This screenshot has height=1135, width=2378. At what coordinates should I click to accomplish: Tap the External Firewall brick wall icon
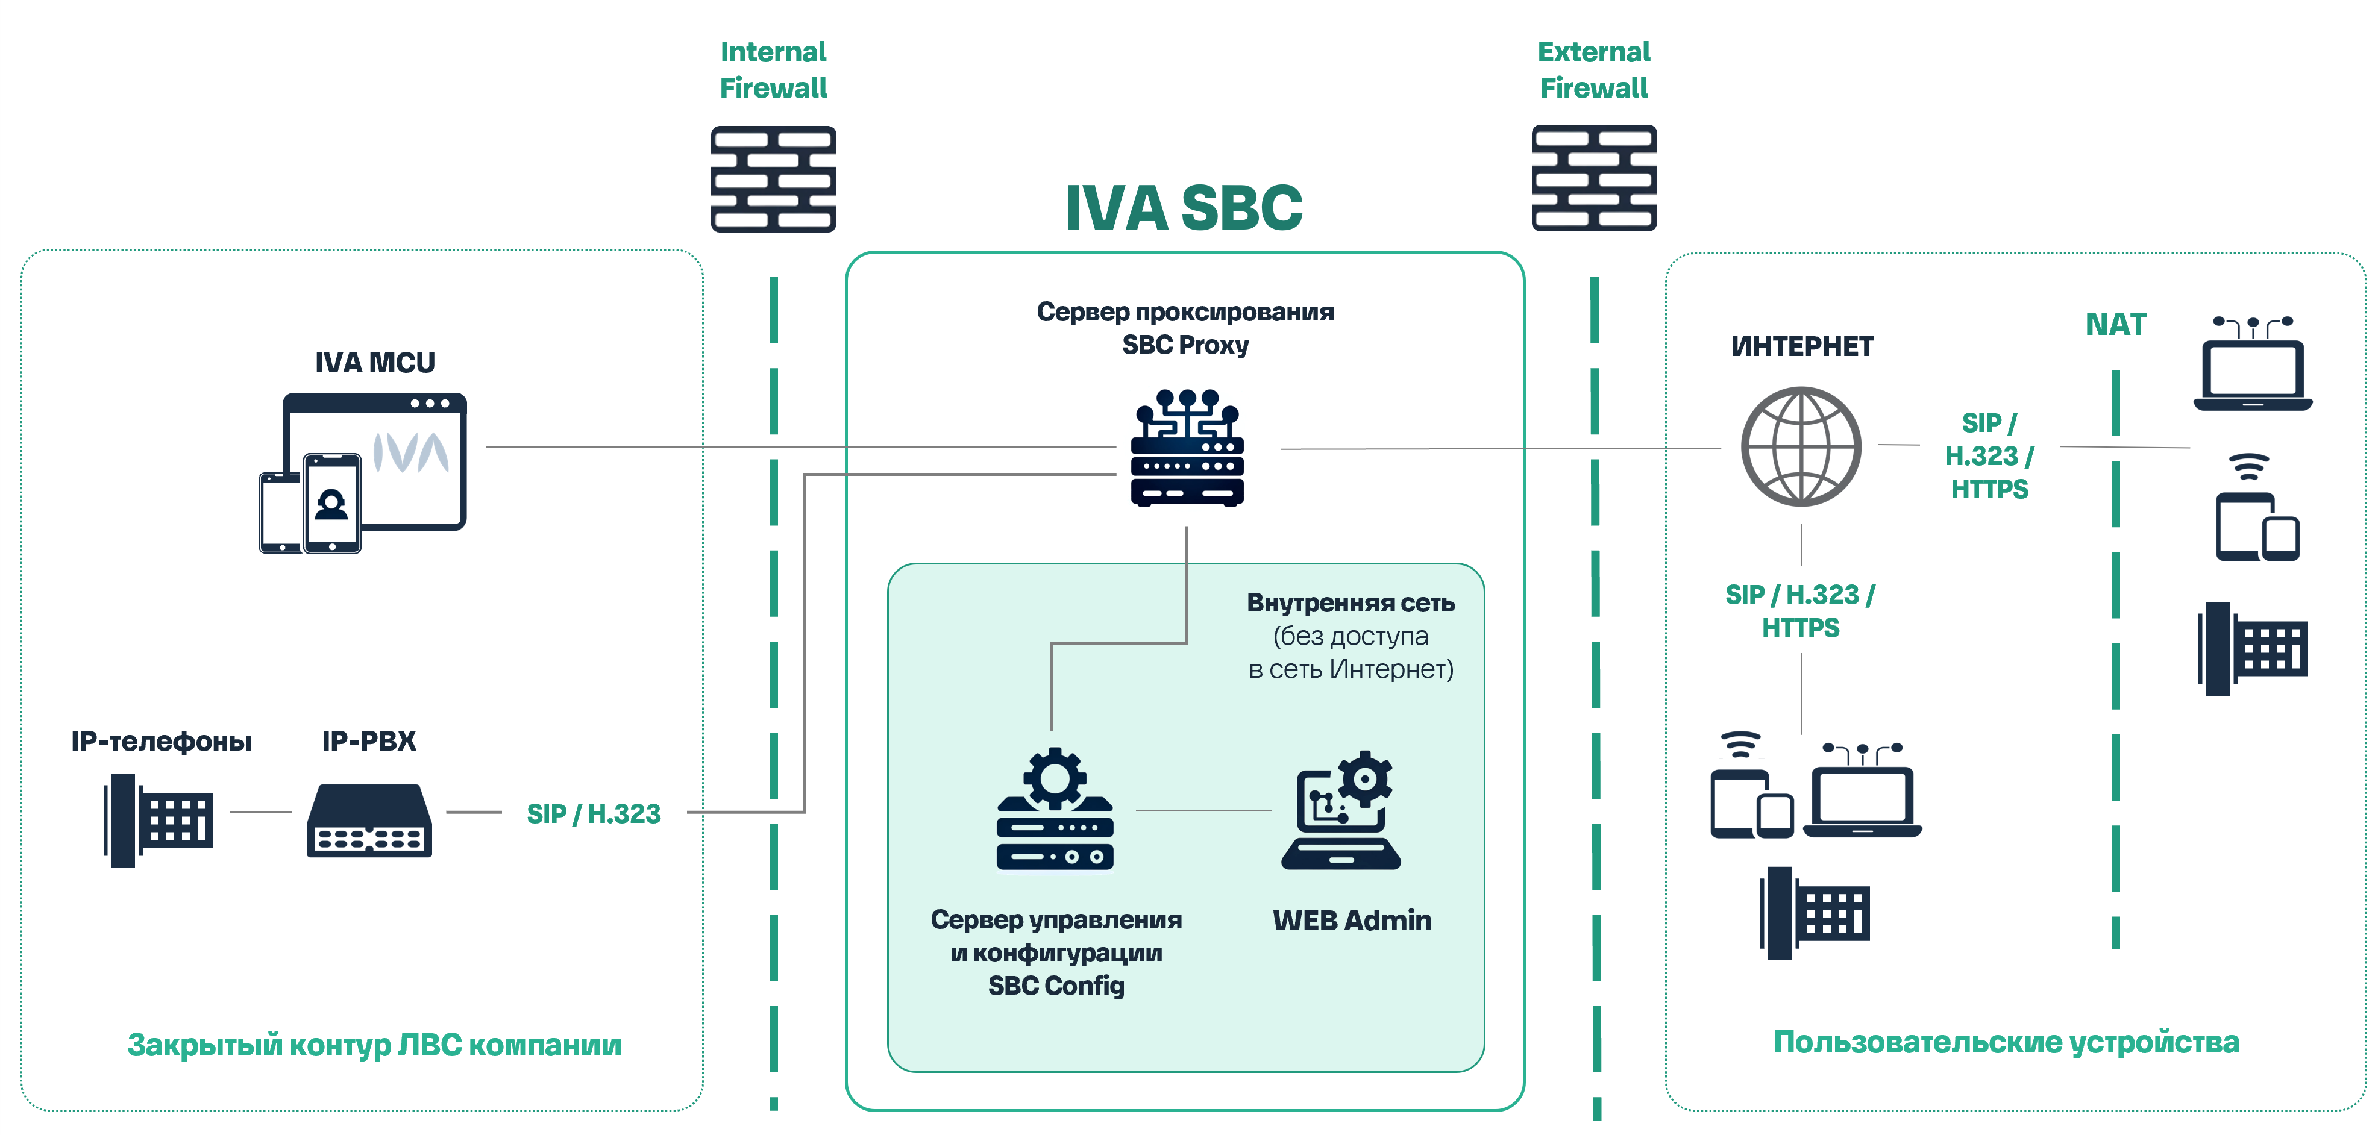tap(1593, 178)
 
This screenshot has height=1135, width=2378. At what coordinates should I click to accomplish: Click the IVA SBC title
tap(1184, 208)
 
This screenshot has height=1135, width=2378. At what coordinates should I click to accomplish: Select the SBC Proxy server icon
tap(1187, 448)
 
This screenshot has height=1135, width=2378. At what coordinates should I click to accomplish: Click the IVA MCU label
tap(375, 363)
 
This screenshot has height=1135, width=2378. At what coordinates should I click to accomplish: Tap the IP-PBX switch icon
tap(369, 821)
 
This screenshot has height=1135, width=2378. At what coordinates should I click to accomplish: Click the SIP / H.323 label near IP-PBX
tap(594, 814)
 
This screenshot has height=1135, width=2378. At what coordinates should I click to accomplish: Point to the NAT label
tap(2115, 325)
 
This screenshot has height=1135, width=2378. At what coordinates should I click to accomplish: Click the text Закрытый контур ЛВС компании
tap(374, 1045)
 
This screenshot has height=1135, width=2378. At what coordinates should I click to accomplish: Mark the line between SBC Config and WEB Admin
tap(1203, 810)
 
